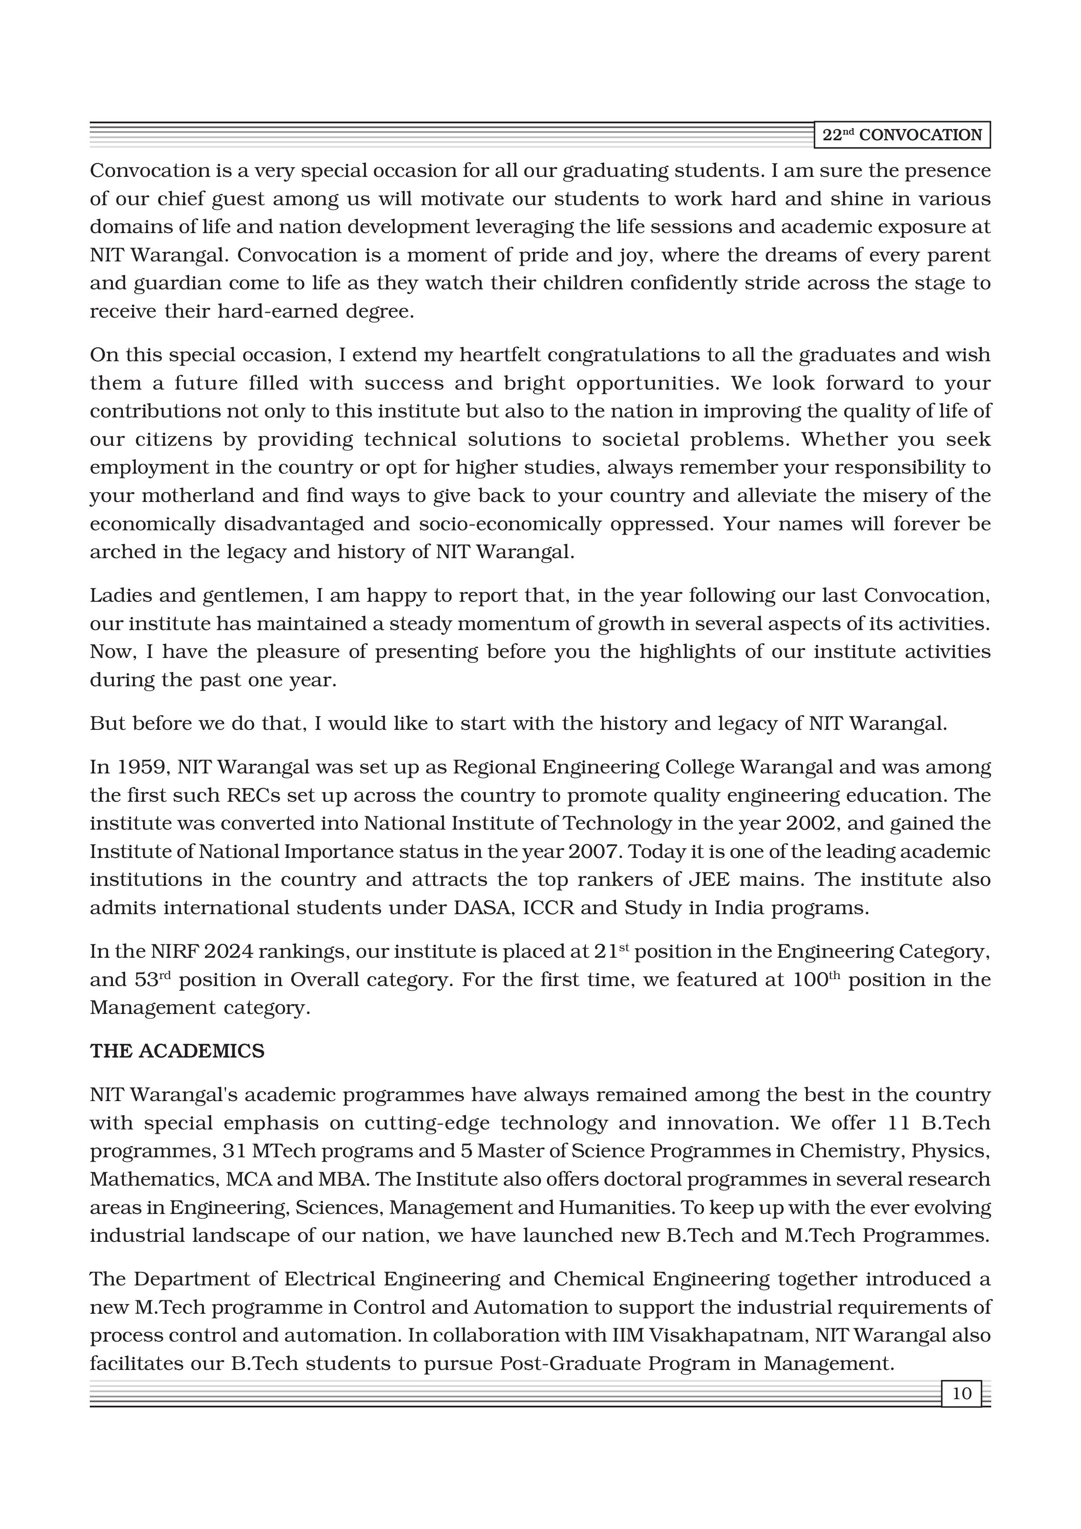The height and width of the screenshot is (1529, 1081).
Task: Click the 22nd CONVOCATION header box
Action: (x=902, y=135)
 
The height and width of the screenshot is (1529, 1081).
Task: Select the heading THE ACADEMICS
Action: (x=177, y=1051)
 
